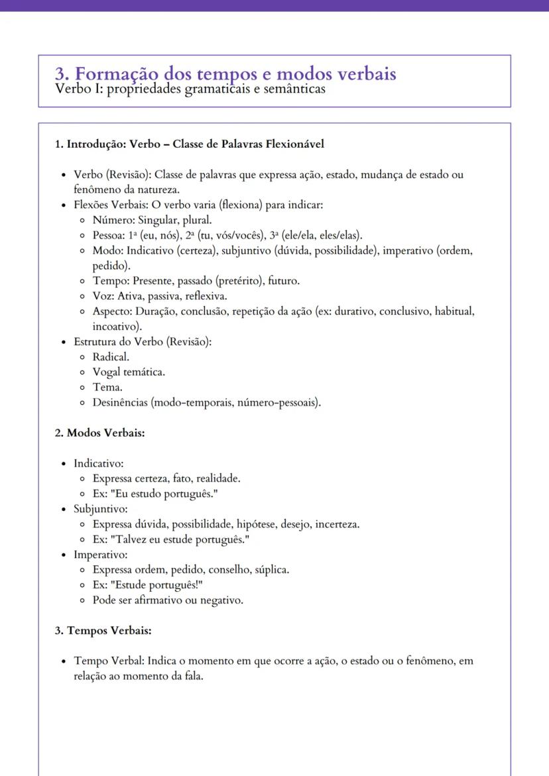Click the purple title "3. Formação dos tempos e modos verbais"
coord(225,73)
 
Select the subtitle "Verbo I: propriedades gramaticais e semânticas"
coord(190,89)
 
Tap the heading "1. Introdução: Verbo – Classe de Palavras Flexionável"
coord(189,144)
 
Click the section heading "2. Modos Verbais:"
coord(99,433)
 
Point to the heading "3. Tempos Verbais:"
coord(103,630)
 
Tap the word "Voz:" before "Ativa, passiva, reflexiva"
coord(103,296)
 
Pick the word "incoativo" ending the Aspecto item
coord(115,327)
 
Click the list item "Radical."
coord(111,357)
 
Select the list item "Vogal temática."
coord(129,372)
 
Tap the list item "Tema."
coord(107,387)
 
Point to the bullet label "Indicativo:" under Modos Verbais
coord(99,463)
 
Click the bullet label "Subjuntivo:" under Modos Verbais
coord(100,509)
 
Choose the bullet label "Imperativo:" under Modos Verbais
coord(100,554)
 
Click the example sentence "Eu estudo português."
coord(166,494)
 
